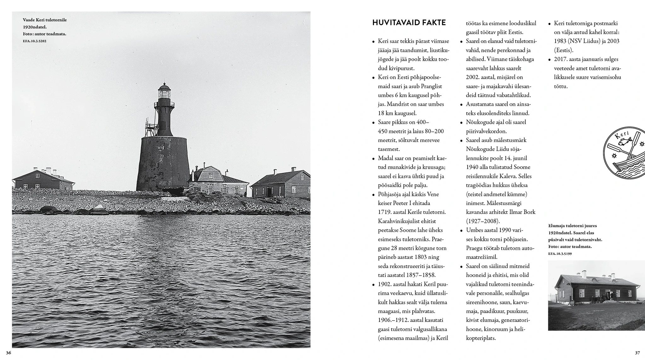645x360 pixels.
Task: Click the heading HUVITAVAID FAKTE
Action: pyautogui.click(x=409, y=23)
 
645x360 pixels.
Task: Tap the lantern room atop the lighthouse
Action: pyautogui.click(x=164, y=93)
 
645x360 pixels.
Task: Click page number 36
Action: pyautogui.click(x=9, y=352)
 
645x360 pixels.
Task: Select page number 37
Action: pyautogui.click(x=637, y=352)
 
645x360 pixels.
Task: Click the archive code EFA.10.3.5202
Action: pyautogui.click(x=35, y=41)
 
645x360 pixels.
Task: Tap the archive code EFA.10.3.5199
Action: pyautogui.click(x=560, y=254)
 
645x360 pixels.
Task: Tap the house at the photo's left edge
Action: pyautogui.click(x=43, y=180)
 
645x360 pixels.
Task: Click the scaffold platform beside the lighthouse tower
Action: pyautogui.click(x=151, y=126)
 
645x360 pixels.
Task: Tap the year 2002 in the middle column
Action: pyautogui.click(x=473, y=77)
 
